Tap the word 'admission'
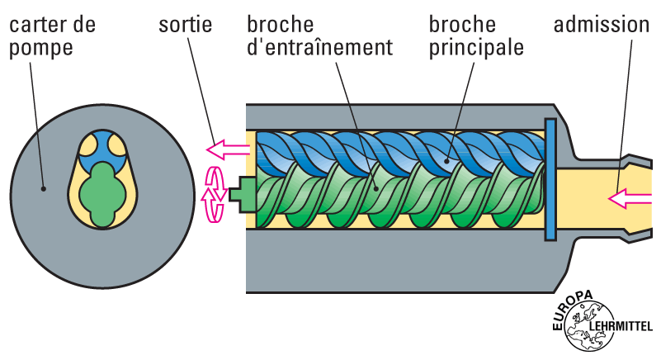coord(602,24)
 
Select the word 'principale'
coord(476,46)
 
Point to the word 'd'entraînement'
coord(319,46)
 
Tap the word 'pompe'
coord(41,47)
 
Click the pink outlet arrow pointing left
coord(227,149)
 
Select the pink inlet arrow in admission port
coord(628,197)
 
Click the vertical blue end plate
coord(550,179)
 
